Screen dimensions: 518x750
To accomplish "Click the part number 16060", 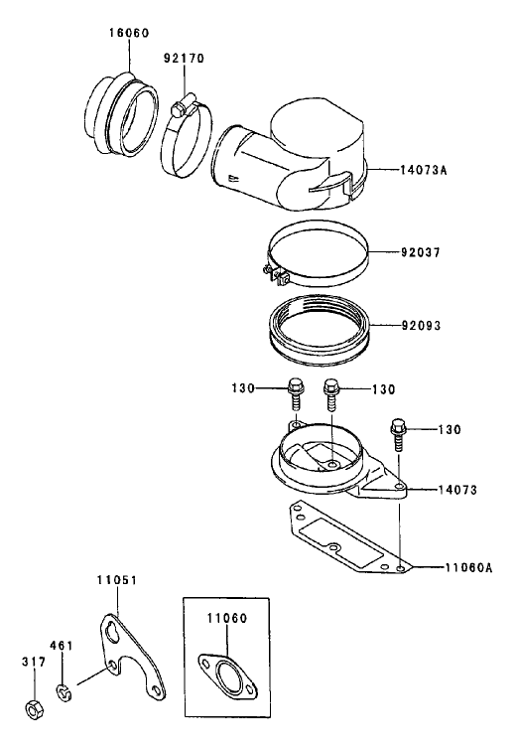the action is pos(129,33).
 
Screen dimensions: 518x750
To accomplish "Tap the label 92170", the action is pos(184,59).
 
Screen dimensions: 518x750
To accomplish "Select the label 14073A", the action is pos(423,169).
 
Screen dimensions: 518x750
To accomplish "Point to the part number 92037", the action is pos(421,252).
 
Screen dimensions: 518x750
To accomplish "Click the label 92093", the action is pos(421,326).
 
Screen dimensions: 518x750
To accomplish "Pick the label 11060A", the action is pos(468,568).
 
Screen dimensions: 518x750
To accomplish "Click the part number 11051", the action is pos(117,580).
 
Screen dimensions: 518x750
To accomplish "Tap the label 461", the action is pos(62,646).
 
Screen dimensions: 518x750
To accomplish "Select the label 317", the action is pos(34,663).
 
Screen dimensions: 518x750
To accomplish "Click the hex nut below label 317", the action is pos(34,708).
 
